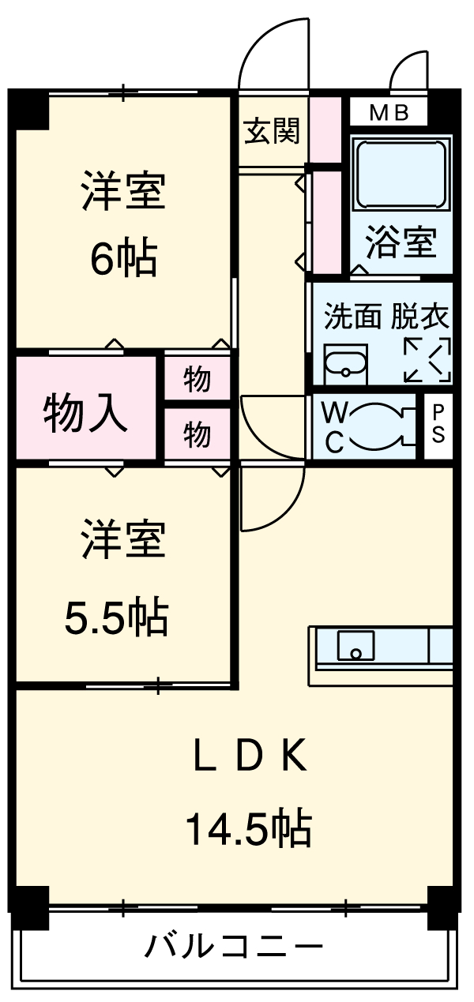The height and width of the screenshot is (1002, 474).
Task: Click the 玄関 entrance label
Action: pos(271,132)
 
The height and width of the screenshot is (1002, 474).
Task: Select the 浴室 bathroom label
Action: pos(401,242)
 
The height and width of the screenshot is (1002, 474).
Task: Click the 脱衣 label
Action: pos(420,316)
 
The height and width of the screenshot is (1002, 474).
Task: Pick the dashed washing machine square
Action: pos(427,360)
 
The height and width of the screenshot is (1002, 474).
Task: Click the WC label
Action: pos(334,426)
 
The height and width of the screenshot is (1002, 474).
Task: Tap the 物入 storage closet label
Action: pos(85,412)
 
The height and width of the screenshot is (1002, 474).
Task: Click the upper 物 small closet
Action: pos(197,380)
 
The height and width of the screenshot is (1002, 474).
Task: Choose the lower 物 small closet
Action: pos(197,433)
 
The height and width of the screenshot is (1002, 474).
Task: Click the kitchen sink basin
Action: pos(355,645)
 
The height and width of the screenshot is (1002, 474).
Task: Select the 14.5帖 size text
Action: pos(248,828)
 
